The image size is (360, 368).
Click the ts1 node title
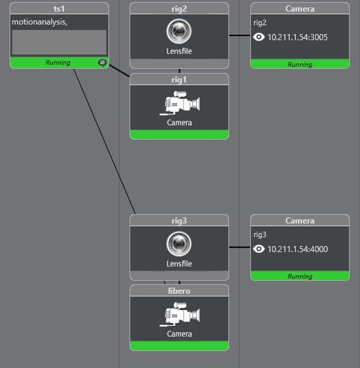click(59, 9)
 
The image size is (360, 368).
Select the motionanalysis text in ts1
click(39, 22)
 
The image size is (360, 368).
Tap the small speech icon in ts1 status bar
click(102, 63)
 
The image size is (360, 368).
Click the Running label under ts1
click(58, 63)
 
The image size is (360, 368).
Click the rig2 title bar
click(179, 9)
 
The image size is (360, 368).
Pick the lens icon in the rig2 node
click(179, 31)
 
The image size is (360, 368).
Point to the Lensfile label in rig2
click(179, 51)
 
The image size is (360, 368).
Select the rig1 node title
click(179, 80)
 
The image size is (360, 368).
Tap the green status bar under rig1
click(179, 134)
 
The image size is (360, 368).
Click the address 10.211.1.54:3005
click(297, 37)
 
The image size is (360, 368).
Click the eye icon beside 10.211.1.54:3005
click(259, 37)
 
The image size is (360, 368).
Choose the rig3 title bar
click(179, 221)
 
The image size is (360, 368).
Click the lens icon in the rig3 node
click(179, 243)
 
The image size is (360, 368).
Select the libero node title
click(179, 291)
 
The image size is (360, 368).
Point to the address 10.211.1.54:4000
click(297, 249)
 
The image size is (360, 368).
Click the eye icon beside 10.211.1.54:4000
click(259, 249)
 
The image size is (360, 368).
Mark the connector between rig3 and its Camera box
click(239, 248)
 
